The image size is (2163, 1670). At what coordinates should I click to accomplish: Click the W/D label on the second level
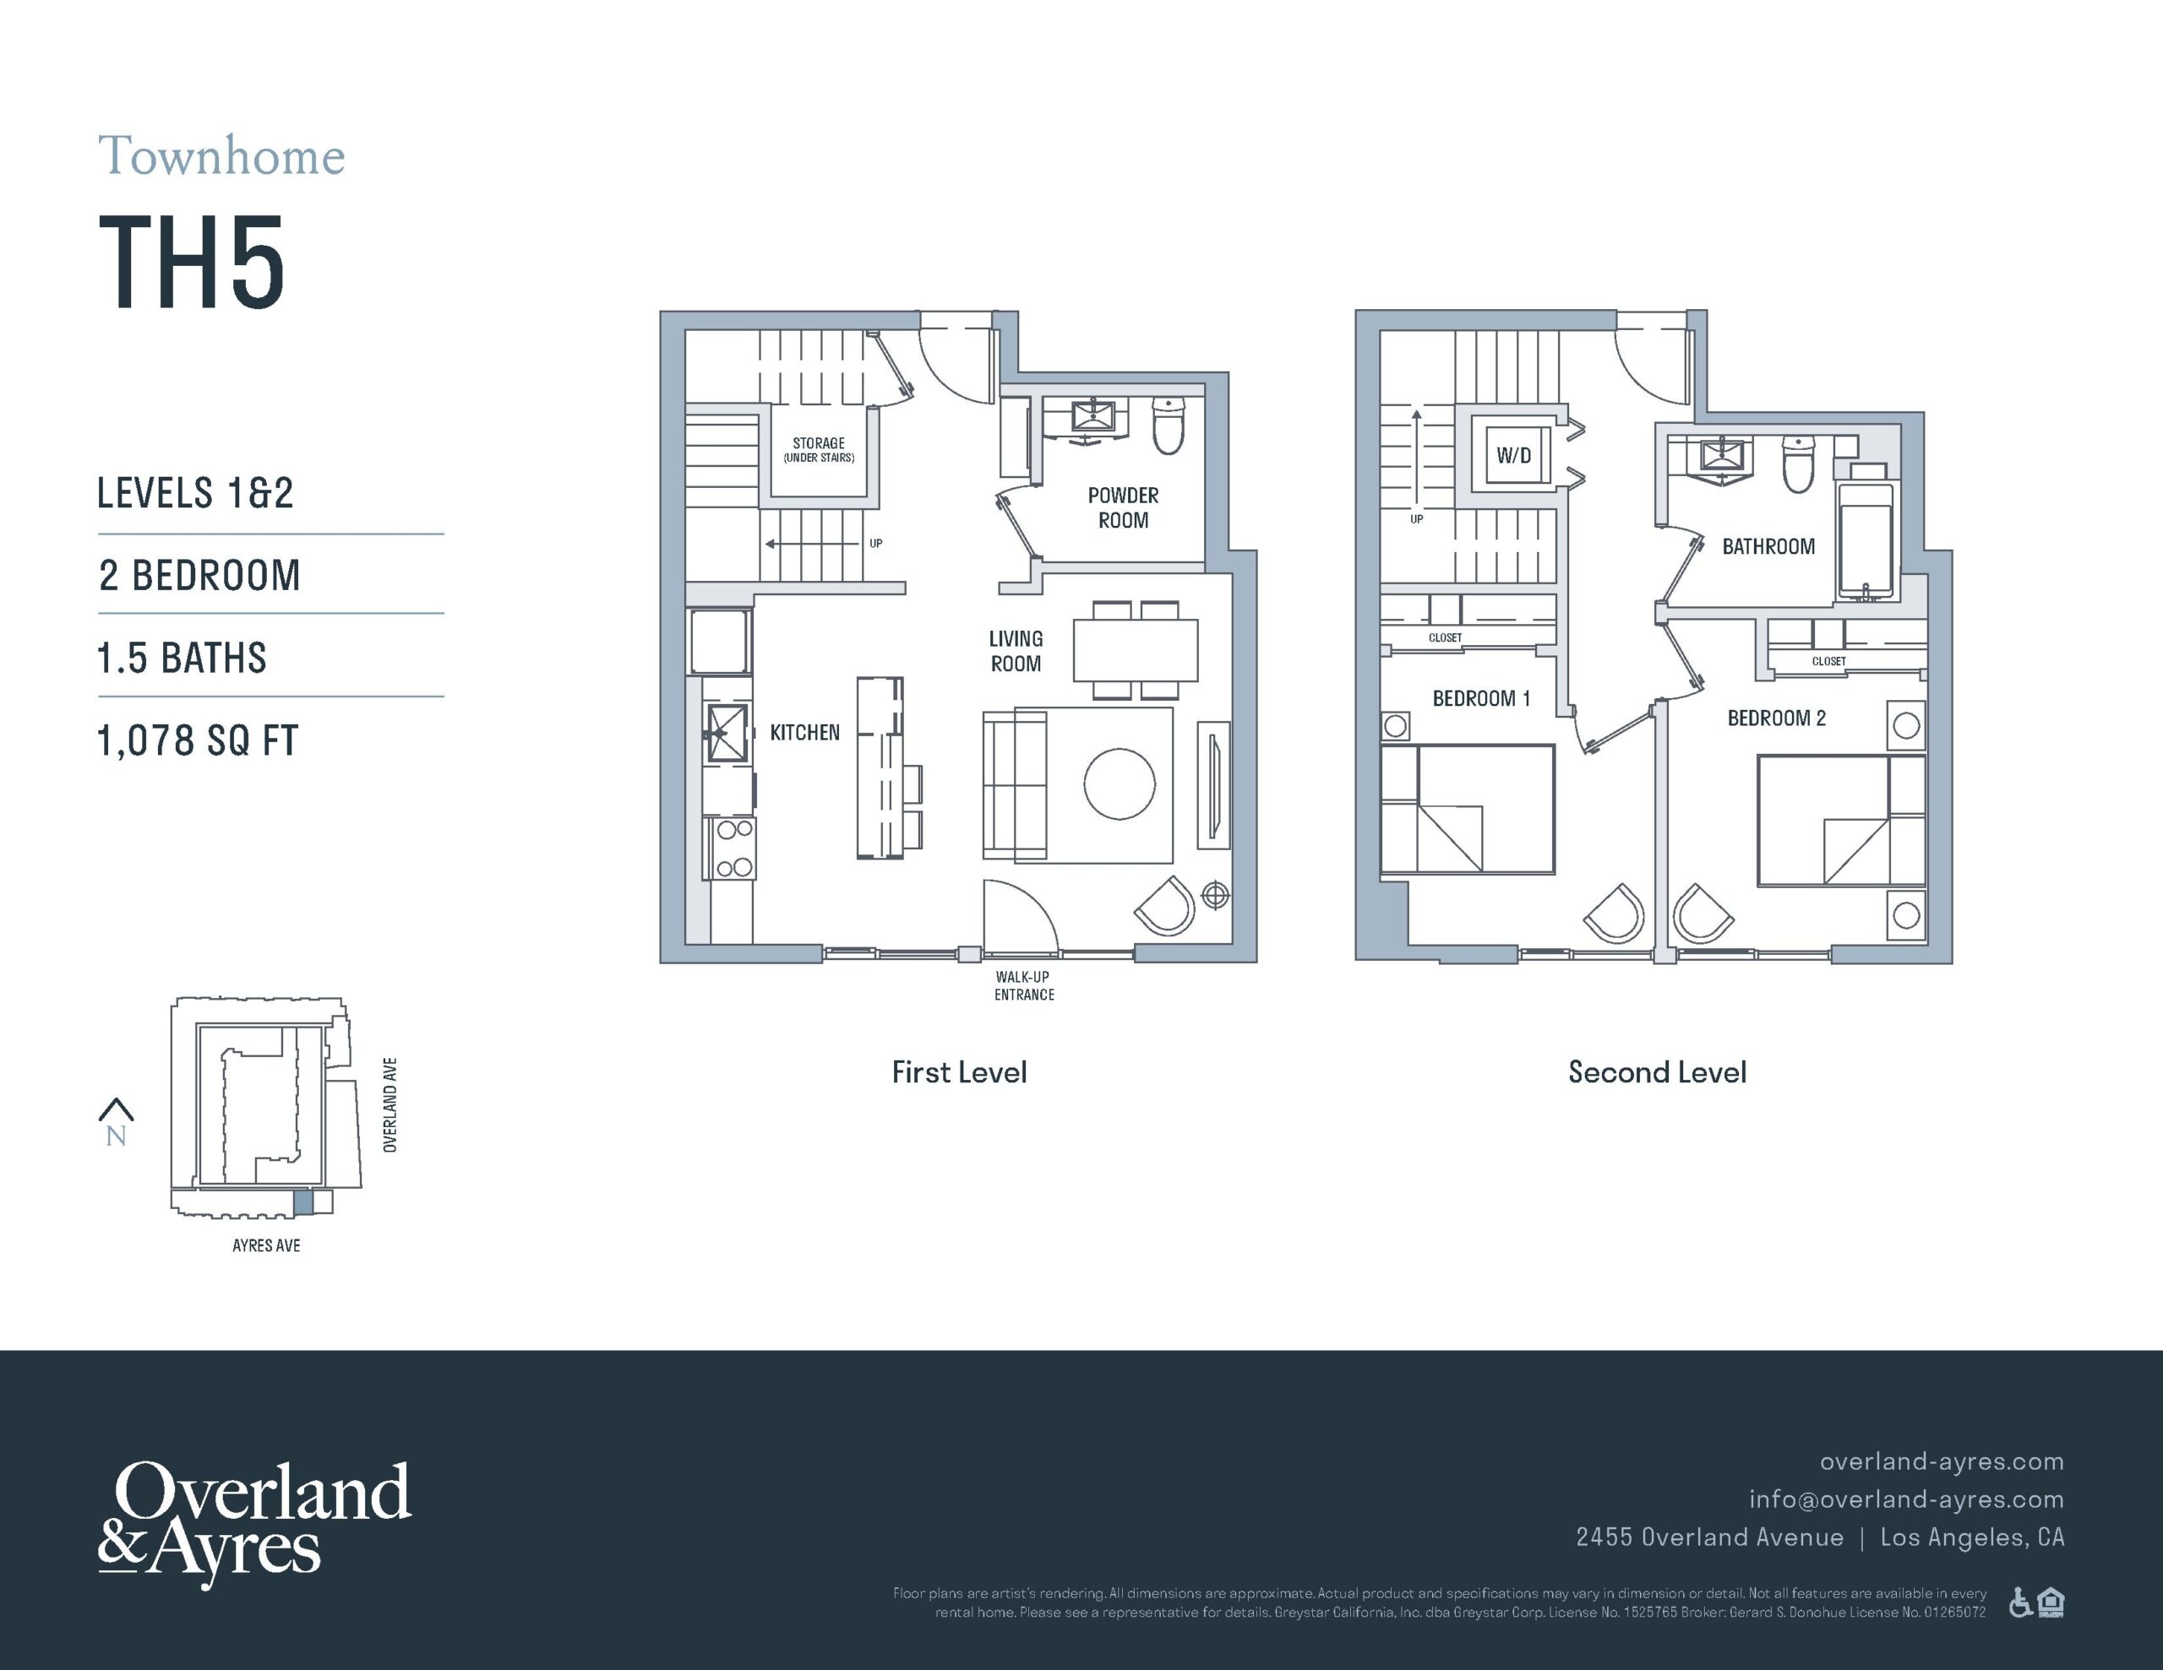click(x=1513, y=455)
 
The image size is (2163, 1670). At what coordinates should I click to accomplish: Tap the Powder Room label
click(x=1123, y=507)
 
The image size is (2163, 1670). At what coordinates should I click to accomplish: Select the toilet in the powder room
click(x=1169, y=426)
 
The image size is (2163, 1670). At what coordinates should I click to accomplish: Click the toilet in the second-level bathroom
click(x=1799, y=464)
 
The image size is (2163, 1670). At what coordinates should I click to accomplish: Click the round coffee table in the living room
click(x=1120, y=783)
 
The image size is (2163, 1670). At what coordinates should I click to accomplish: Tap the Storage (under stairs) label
click(x=819, y=450)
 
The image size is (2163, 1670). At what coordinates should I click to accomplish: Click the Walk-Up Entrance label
click(x=1024, y=986)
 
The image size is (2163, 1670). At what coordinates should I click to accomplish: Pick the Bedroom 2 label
click(x=1777, y=718)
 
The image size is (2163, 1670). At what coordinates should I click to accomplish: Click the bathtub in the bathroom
click(x=1866, y=539)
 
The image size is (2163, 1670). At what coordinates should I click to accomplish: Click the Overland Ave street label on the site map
click(x=390, y=1105)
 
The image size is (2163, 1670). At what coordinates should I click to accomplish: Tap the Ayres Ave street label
click(x=266, y=1245)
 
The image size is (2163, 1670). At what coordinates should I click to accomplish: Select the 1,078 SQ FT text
click(x=197, y=740)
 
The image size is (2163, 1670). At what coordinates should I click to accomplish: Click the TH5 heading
click(x=192, y=263)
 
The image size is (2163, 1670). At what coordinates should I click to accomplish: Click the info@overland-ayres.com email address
click(x=1906, y=1499)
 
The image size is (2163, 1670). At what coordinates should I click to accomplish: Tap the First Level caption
click(x=959, y=1072)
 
